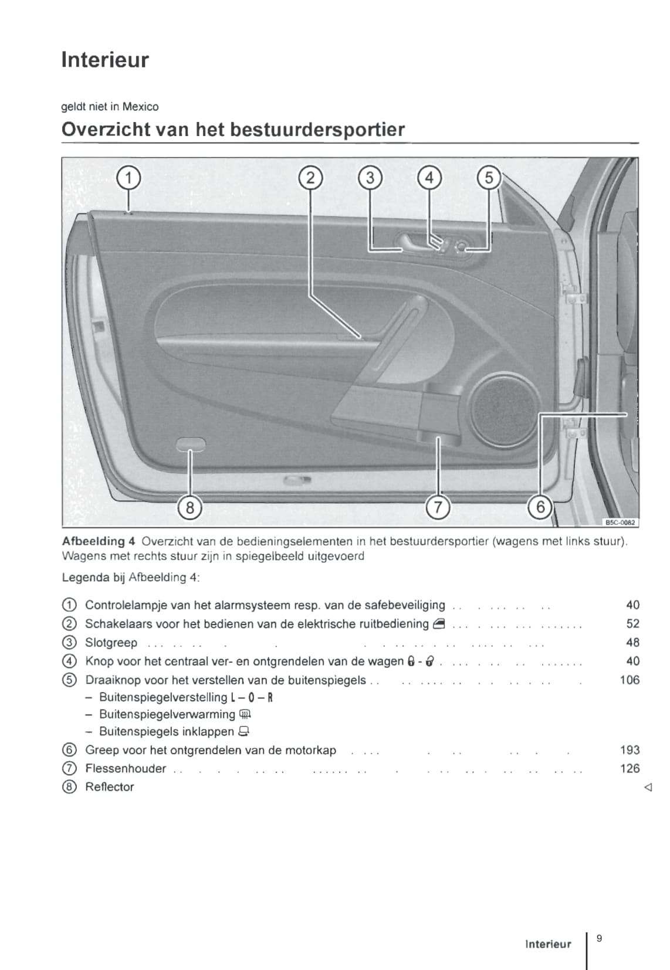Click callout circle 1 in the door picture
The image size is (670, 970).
[x=128, y=177]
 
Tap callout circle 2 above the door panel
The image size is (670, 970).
[x=310, y=177]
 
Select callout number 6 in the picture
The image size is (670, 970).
[x=540, y=506]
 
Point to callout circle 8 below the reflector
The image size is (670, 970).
[x=190, y=507]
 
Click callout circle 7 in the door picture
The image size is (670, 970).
[x=437, y=507]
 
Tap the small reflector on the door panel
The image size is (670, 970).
[x=191, y=445]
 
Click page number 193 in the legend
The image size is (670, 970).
[x=630, y=749]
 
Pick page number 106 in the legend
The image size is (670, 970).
[x=630, y=680]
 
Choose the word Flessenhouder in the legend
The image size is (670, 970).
[x=126, y=768]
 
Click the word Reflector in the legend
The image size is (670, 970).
[x=110, y=787]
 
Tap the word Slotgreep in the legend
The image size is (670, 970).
[x=111, y=643]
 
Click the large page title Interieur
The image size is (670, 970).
[x=106, y=60]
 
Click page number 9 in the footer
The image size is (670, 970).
[x=599, y=938]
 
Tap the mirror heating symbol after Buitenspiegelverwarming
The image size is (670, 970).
[x=245, y=714]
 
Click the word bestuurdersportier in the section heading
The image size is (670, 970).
[x=317, y=130]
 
